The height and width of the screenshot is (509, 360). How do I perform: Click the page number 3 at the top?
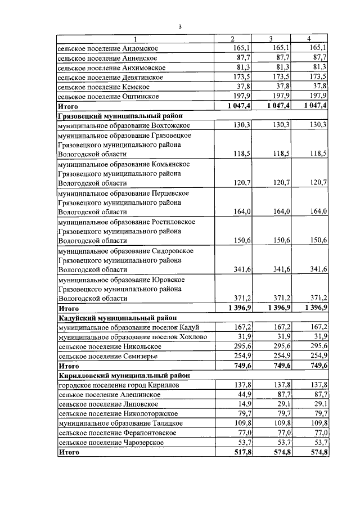coord(179,26)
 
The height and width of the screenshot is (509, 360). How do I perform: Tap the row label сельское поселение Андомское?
coord(108,48)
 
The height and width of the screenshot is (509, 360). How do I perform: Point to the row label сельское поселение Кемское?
coord(104,87)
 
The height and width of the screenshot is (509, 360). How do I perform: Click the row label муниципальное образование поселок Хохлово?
coord(132,336)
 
